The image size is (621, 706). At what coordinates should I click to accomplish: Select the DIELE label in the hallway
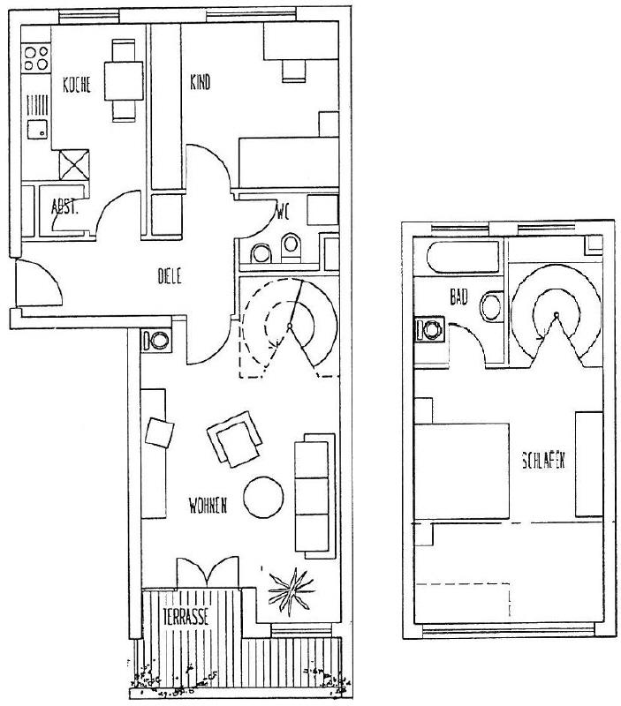[x=169, y=275]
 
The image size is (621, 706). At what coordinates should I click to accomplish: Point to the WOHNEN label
[x=208, y=506]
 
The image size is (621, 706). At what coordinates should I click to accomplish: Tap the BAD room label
[x=458, y=298]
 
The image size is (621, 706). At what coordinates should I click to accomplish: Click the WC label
[x=283, y=212]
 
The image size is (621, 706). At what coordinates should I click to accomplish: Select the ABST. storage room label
[x=63, y=207]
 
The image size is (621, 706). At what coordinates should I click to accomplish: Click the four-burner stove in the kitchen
[x=36, y=58]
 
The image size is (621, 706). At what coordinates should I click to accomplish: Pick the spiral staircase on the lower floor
[x=290, y=327]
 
